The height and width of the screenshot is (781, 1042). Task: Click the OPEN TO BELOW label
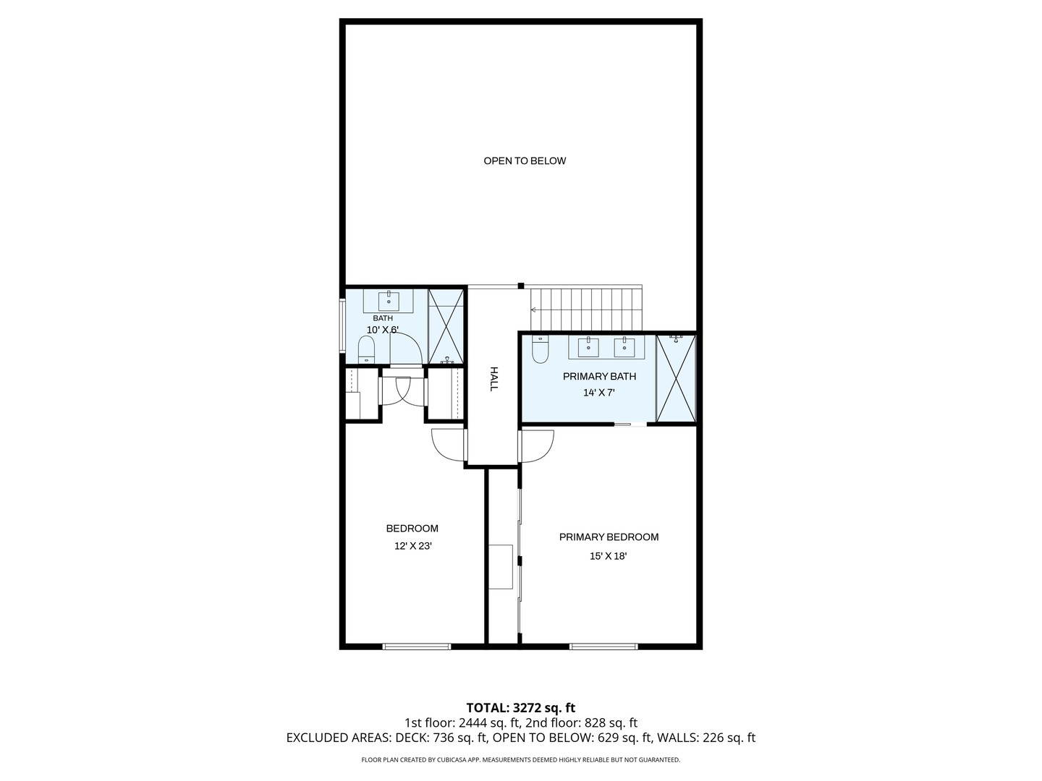pos(525,161)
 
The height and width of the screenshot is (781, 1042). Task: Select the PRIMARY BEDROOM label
pos(609,537)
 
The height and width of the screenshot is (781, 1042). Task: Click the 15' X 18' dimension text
pos(608,556)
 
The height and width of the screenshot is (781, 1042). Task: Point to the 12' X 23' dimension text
pos(412,547)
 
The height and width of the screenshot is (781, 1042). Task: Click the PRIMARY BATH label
pos(599,376)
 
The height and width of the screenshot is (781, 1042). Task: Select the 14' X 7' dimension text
pos(599,393)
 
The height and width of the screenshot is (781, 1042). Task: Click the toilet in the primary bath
pos(540,350)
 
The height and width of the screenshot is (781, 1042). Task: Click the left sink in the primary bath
pos(588,347)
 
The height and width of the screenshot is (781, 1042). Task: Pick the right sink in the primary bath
pos(624,347)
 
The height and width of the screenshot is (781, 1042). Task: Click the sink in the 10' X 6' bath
pos(389,301)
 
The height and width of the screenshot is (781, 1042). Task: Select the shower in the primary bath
pos(675,377)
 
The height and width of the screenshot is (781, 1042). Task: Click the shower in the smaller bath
pos(446,326)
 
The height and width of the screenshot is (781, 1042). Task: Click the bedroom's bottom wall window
pos(417,646)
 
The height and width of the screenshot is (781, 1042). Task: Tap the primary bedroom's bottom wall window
pos(603,646)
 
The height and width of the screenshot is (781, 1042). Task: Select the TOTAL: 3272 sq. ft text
pos(520,707)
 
